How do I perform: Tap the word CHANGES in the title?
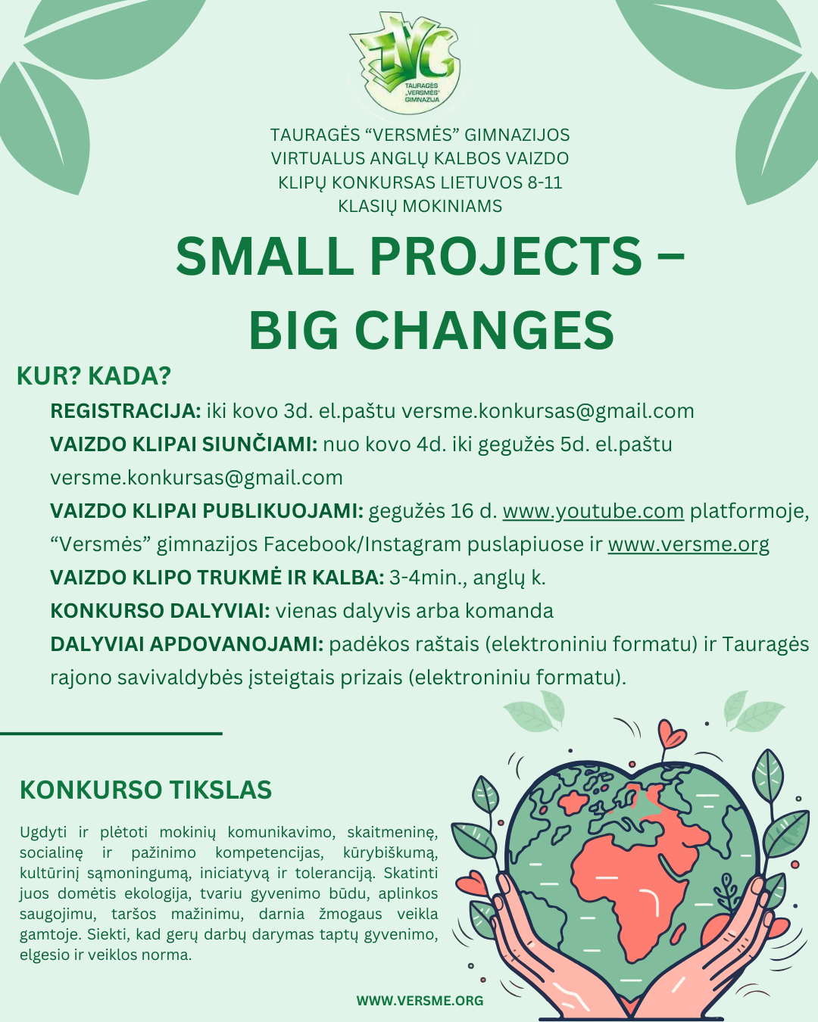tap(484, 329)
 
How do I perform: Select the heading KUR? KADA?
tap(94, 375)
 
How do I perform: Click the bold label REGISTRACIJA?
tap(126, 411)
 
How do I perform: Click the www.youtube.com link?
tap(593, 511)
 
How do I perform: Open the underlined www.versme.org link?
tap(688, 544)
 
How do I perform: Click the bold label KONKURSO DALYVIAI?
tap(160, 611)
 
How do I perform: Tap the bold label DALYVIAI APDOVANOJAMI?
tap(187, 644)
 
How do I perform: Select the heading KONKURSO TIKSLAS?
tap(146, 790)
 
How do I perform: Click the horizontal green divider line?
tap(111, 734)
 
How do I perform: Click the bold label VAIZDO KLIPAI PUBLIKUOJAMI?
tap(207, 511)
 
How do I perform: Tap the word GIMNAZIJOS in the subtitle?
tap(517, 135)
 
